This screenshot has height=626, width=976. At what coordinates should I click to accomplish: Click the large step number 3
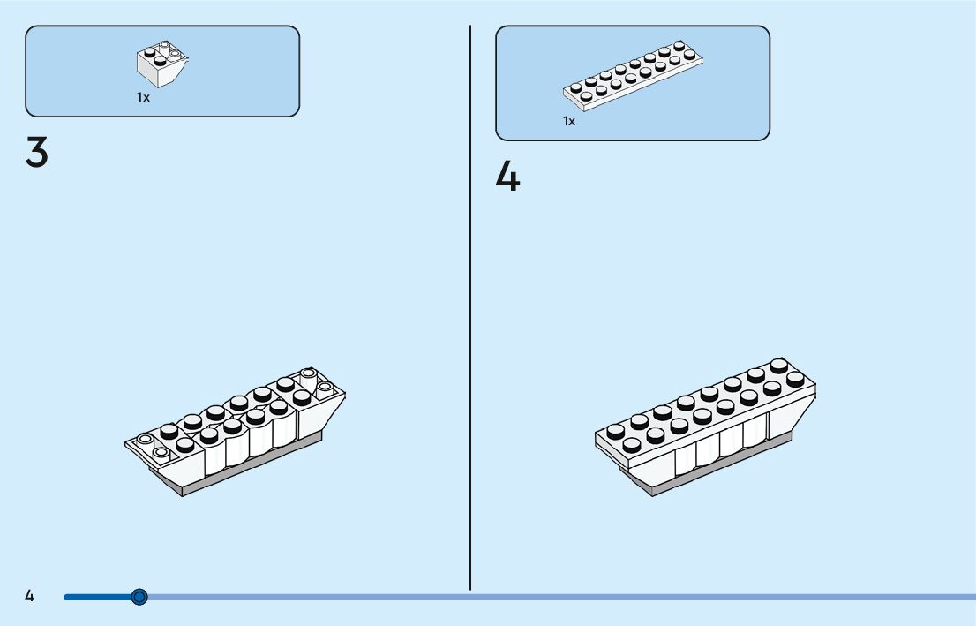[36, 154]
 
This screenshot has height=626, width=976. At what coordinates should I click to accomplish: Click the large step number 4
[507, 177]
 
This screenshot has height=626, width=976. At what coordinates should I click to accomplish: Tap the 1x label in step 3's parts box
[143, 98]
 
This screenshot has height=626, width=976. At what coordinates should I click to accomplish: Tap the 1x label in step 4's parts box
[569, 121]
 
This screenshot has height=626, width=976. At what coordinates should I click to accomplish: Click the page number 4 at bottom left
[29, 596]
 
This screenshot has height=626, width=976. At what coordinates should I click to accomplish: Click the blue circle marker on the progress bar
[139, 597]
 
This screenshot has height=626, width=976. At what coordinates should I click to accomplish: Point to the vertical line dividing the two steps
[470, 309]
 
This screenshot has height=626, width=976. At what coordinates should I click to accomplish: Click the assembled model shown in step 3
[234, 433]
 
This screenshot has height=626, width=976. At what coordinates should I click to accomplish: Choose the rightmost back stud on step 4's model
[778, 365]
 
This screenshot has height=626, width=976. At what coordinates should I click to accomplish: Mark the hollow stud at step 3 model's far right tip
[325, 387]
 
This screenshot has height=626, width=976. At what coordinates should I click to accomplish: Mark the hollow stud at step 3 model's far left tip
[145, 439]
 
